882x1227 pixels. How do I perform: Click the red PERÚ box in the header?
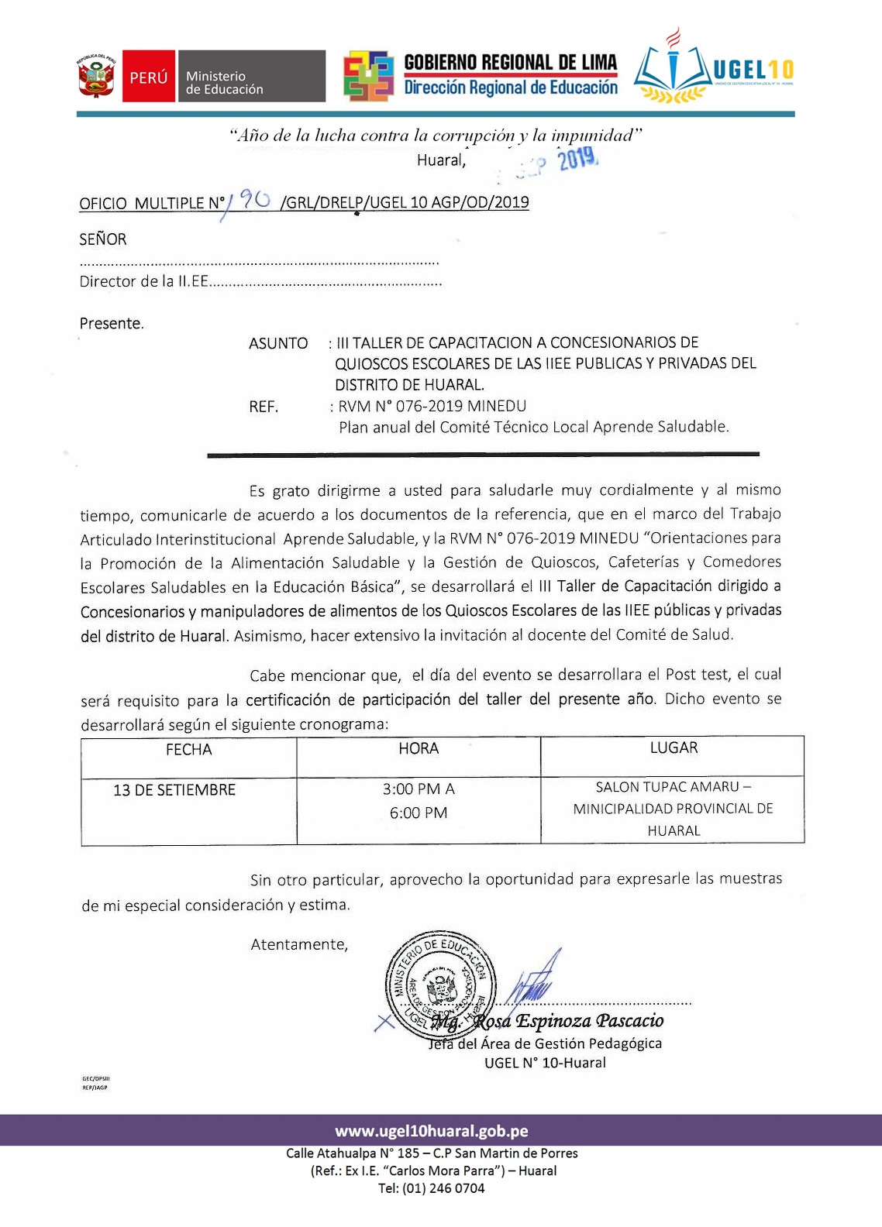(x=148, y=77)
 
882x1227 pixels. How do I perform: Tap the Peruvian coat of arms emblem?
(x=95, y=77)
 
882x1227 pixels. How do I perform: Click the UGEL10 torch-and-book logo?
(x=671, y=68)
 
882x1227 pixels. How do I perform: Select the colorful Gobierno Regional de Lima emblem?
(x=369, y=77)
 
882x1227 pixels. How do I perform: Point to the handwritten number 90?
(x=253, y=201)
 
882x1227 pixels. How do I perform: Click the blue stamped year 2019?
(x=578, y=160)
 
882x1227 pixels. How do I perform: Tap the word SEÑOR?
(x=102, y=239)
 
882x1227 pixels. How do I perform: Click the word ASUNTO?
(x=278, y=343)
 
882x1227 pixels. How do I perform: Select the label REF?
(x=264, y=407)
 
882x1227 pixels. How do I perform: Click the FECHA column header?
(x=188, y=749)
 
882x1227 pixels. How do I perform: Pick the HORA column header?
(x=419, y=748)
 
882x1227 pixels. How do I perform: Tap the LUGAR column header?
(x=674, y=748)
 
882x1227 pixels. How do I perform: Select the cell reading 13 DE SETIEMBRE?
(x=174, y=790)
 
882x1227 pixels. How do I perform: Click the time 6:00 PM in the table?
(x=419, y=813)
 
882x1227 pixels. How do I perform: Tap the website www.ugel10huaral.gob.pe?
(x=432, y=1131)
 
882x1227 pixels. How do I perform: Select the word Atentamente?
(x=299, y=944)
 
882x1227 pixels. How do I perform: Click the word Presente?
(x=112, y=323)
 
